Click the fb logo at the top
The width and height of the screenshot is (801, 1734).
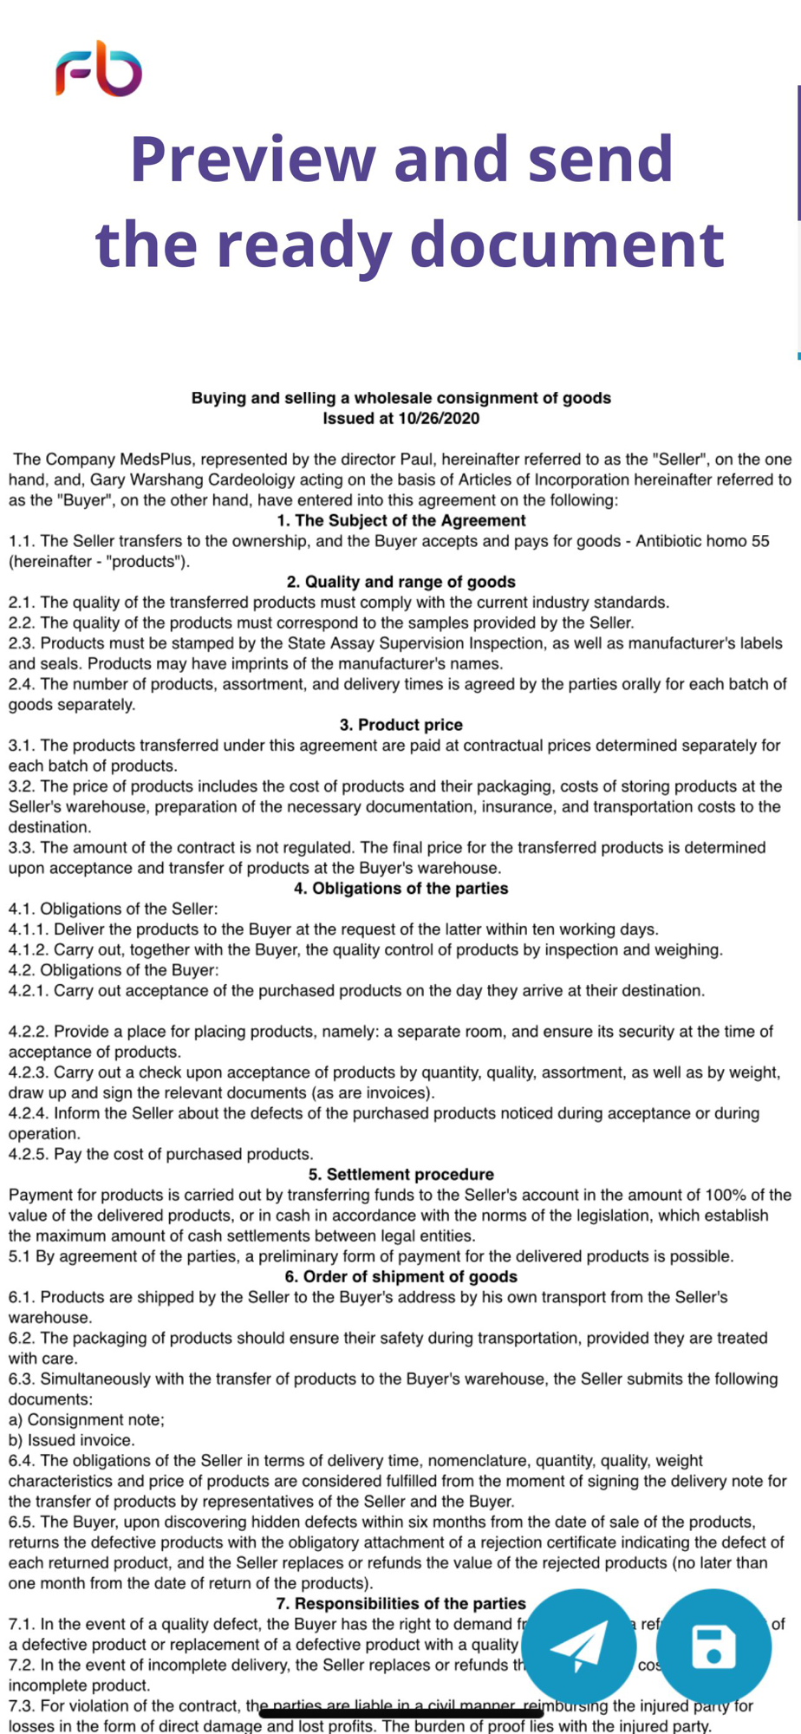tap(99, 68)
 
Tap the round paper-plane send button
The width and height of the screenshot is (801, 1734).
tap(578, 1645)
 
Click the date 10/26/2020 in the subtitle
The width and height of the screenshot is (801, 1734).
tap(439, 419)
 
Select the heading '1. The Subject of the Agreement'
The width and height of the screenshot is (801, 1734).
tap(401, 520)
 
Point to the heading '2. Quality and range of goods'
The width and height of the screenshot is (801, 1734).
tap(401, 582)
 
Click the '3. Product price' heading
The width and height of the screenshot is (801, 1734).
tap(401, 725)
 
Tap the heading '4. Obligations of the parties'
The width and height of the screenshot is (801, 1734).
tap(401, 889)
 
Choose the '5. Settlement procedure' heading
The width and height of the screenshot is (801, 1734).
tap(401, 1175)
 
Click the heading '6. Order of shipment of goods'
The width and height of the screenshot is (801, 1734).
tap(401, 1277)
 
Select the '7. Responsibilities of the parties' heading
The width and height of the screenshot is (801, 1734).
tap(401, 1604)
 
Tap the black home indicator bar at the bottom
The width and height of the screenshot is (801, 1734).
tap(401, 1713)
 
